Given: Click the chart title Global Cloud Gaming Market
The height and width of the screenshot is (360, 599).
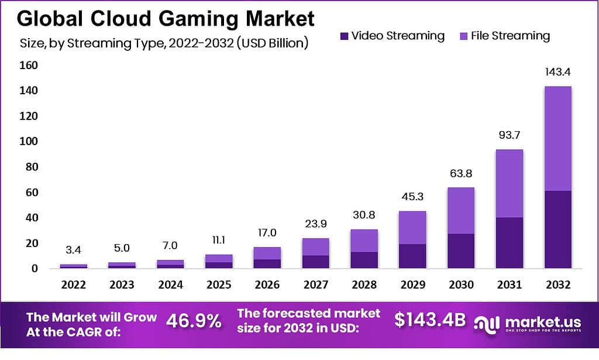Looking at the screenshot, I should tap(166, 19).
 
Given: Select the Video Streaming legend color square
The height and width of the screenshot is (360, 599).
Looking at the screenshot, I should tap(343, 36).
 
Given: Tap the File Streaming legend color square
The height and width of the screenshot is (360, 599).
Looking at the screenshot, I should tap(463, 36).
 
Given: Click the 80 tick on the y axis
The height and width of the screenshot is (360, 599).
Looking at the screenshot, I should tap(31, 167).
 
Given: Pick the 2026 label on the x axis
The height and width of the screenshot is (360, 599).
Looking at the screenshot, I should tap(267, 285).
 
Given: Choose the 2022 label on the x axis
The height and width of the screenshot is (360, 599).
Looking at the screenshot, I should tap(73, 285).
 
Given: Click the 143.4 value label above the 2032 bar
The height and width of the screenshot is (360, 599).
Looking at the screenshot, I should tap(557, 73).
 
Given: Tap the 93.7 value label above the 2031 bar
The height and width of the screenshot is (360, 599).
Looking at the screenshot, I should tap(510, 136).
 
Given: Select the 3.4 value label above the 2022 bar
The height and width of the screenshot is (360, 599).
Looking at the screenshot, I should tap(73, 251).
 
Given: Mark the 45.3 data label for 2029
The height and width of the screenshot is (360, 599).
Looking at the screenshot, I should tap(412, 197).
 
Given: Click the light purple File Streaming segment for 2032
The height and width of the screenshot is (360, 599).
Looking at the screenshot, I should tap(557, 138).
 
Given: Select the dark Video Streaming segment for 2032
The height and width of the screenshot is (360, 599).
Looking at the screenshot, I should tap(557, 229).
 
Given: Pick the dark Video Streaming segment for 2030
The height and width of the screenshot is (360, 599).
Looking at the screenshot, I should tap(461, 251).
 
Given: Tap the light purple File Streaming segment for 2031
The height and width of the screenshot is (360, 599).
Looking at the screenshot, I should tap(510, 183).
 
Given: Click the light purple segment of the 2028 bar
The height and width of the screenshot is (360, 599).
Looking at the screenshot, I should tap(364, 240).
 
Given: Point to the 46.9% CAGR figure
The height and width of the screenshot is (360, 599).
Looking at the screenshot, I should tap(194, 321).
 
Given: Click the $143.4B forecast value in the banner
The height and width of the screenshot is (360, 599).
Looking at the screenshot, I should tap(430, 320).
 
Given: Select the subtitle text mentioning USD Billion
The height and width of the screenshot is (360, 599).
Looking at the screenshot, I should tap(164, 43).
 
